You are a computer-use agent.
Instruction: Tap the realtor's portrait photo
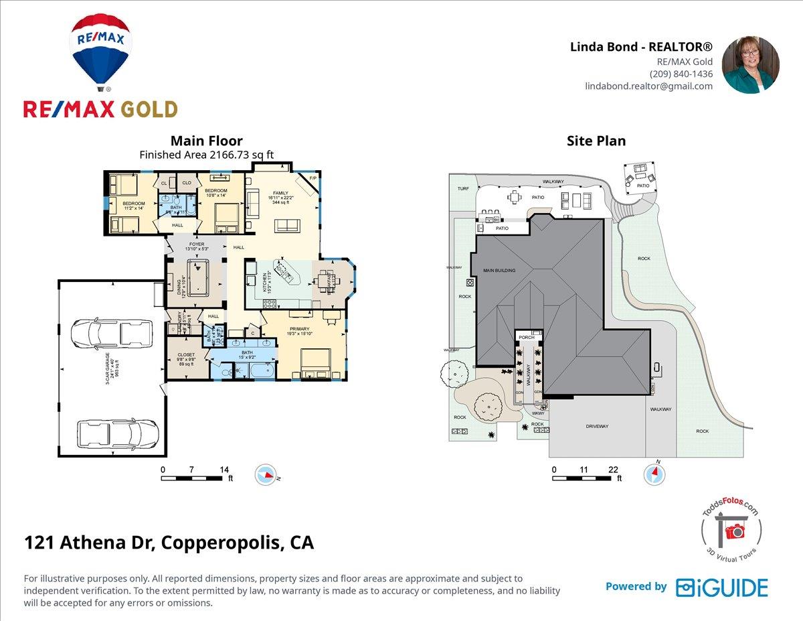click(x=750, y=65)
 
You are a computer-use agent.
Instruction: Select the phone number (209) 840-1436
click(x=681, y=74)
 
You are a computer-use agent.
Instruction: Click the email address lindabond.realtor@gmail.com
click(x=648, y=86)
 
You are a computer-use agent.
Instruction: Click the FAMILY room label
click(x=280, y=193)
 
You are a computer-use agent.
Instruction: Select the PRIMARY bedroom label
click(x=299, y=329)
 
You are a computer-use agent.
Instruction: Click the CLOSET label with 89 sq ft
click(x=186, y=354)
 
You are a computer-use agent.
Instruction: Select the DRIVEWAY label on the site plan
click(x=597, y=425)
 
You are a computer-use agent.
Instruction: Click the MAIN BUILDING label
click(x=499, y=271)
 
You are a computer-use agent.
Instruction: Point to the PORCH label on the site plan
click(x=525, y=338)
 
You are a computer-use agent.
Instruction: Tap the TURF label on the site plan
click(x=463, y=189)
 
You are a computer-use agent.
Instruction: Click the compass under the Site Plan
click(x=654, y=474)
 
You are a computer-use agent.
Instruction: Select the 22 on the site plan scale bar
click(x=613, y=470)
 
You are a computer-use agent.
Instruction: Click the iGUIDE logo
click(x=721, y=588)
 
